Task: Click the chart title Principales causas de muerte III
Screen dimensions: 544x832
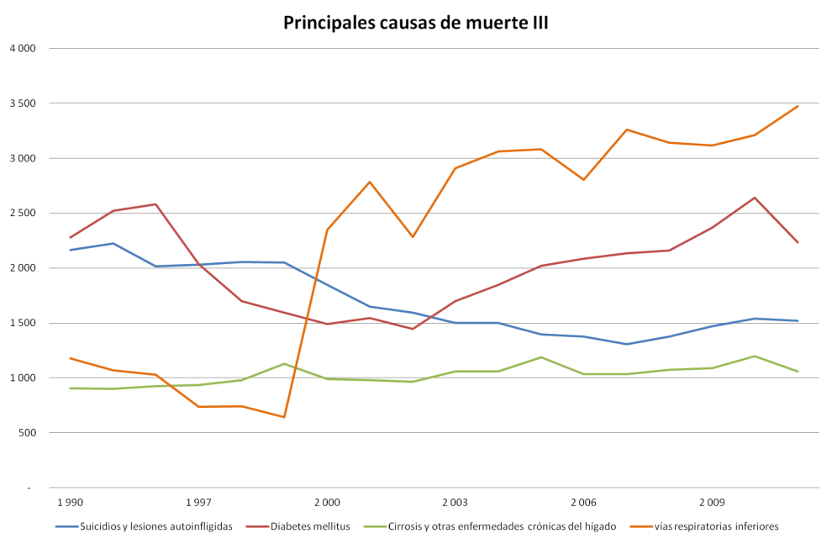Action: pyautogui.click(x=416, y=23)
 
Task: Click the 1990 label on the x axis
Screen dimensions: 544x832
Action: pyautogui.click(x=70, y=503)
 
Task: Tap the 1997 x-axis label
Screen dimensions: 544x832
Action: pyautogui.click(x=198, y=503)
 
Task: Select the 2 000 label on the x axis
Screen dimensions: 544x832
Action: pyautogui.click(x=326, y=503)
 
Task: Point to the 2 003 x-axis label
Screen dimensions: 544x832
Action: pyautogui.click(x=455, y=503)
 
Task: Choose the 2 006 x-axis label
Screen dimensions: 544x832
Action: pyautogui.click(x=583, y=503)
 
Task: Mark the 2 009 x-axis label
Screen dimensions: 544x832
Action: pyautogui.click(x=712, y=503)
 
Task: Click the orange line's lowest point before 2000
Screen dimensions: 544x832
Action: pyautogui.click(x=284, y=417)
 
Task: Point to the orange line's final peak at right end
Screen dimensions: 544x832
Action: pyautogui.click(x=798, y=106)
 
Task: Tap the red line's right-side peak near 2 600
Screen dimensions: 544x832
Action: pyautogui.click(x=755, y=198)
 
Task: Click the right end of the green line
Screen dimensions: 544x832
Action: pyautogui.click(x=798, y=371)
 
